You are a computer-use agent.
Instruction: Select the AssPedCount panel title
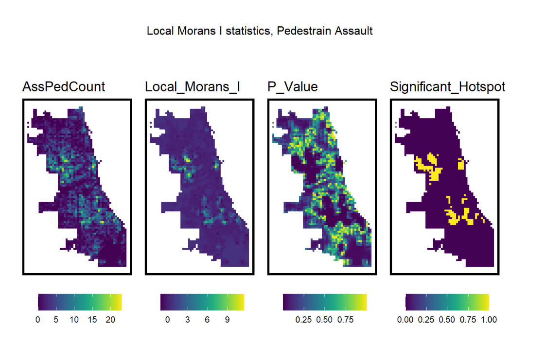64,87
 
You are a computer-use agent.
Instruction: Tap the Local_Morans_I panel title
193,87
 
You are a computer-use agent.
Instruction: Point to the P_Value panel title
293,87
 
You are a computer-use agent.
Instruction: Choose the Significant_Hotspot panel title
447,87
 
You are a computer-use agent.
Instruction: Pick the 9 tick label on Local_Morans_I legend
227,320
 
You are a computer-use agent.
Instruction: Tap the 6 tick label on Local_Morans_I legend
207,320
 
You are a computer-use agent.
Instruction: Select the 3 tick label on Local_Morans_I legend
187,320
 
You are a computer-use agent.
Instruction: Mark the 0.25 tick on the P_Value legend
304,320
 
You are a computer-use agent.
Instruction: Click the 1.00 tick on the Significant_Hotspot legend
488,320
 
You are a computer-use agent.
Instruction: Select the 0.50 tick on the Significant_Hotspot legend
447,320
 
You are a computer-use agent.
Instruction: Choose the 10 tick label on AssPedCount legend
73,320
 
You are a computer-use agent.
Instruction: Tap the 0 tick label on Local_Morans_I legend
168,320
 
